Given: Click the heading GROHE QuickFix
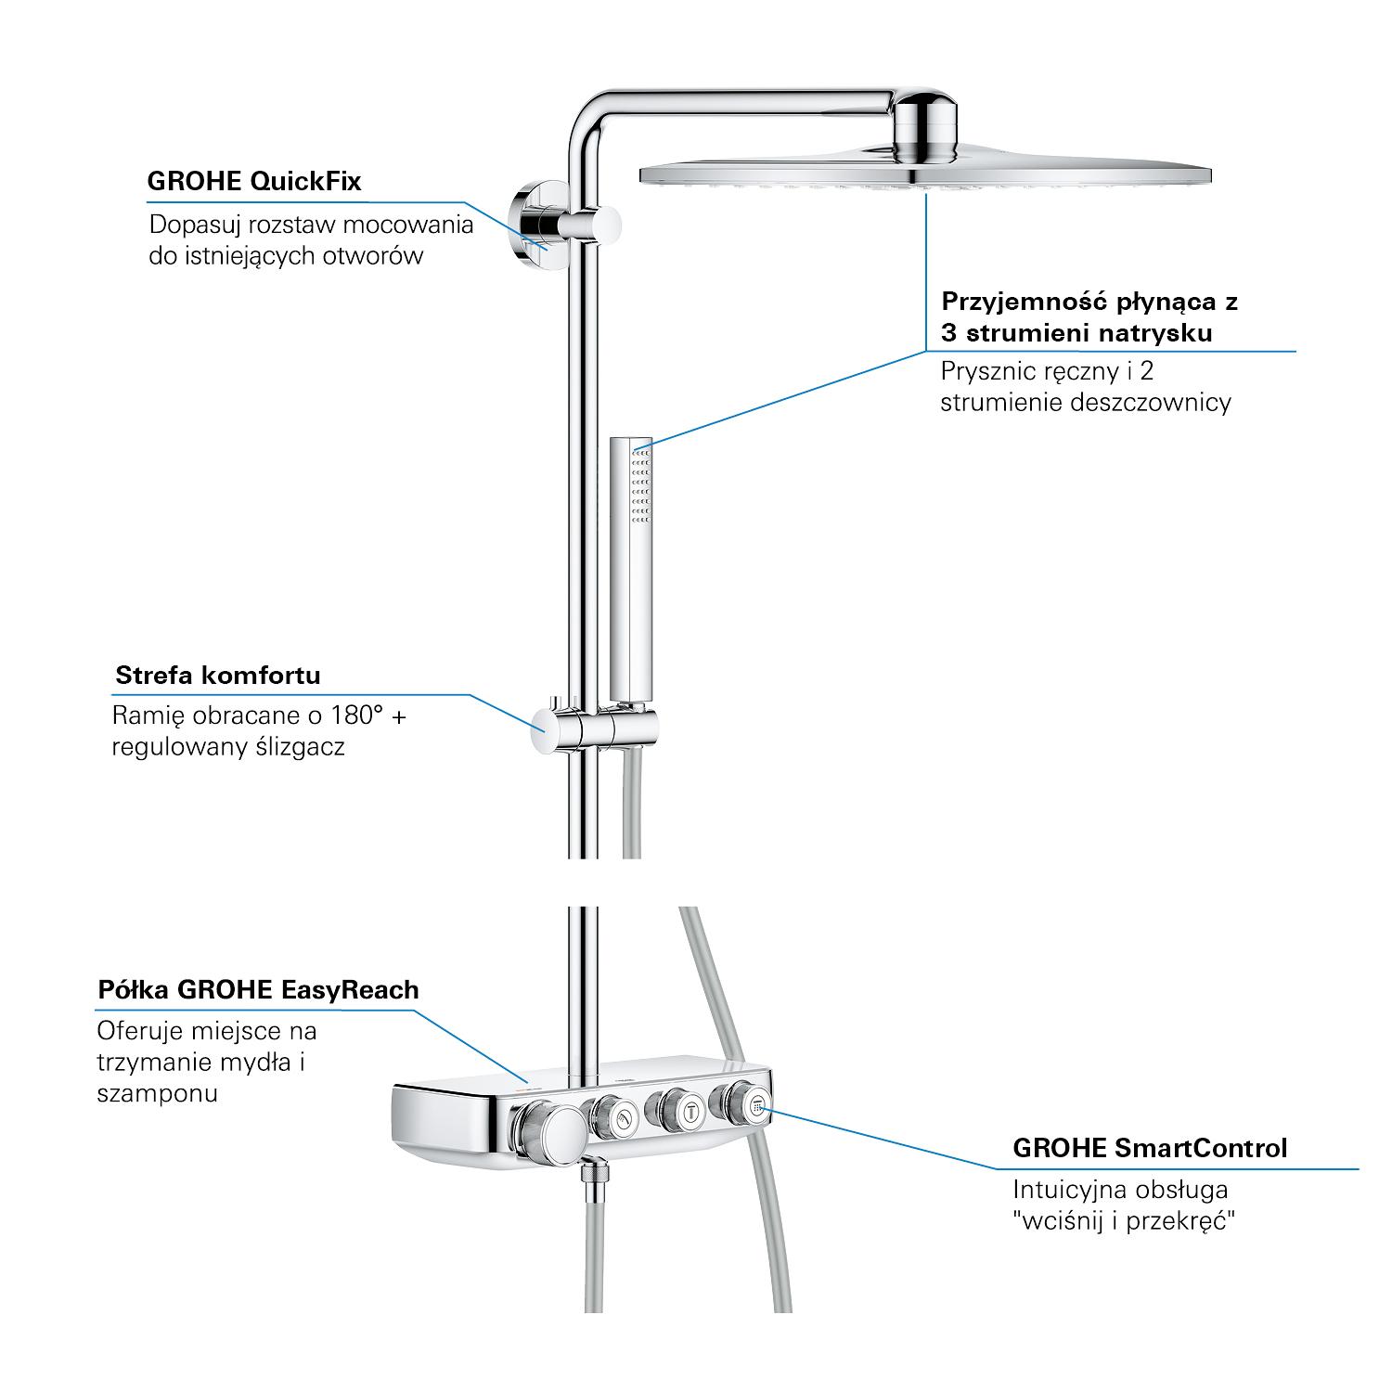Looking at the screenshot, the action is tap(254, 181).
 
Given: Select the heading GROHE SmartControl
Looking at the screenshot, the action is tap(1150, 1148).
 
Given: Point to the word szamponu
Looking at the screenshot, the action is tap(157, 1094).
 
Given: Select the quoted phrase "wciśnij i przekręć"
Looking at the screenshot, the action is tap(1124, 1220).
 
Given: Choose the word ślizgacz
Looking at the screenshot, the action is tap(300, 748).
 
